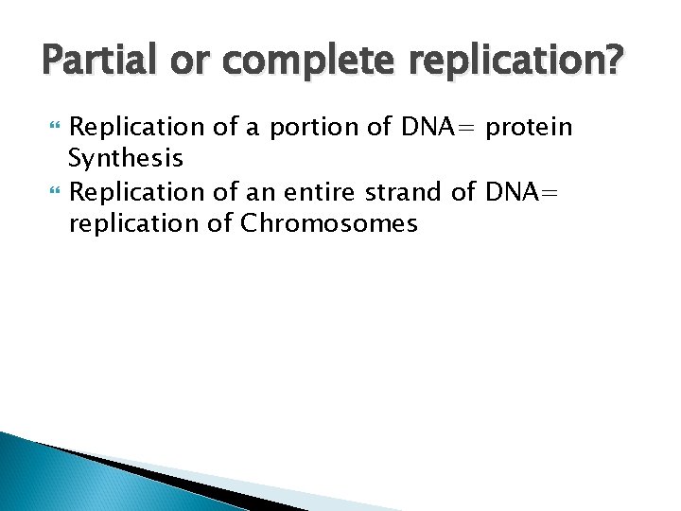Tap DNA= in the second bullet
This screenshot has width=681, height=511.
click(522, 193)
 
